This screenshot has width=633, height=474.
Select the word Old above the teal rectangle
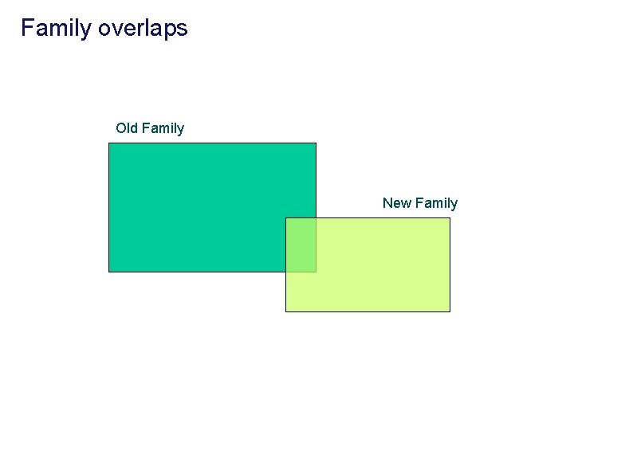126,128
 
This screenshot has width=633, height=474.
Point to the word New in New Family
397,203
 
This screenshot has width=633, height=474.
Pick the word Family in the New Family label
436,203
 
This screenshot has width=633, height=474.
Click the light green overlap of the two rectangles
301,245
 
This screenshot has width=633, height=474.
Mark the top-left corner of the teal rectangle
108,143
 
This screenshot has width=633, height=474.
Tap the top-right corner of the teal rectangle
316,143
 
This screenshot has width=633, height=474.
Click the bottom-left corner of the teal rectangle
108,272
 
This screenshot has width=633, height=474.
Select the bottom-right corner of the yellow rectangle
450,311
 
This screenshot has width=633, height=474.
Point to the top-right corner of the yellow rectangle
450,217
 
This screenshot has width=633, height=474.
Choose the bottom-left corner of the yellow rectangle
285,311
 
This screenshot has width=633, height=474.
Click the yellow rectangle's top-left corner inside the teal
285,217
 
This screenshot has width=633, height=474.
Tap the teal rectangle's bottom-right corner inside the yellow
316,272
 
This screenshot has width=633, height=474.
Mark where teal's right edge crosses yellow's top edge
316,217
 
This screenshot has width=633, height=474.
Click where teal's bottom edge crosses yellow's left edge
285,272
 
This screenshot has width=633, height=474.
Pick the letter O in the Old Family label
121,128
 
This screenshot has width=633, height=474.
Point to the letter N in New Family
388,203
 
